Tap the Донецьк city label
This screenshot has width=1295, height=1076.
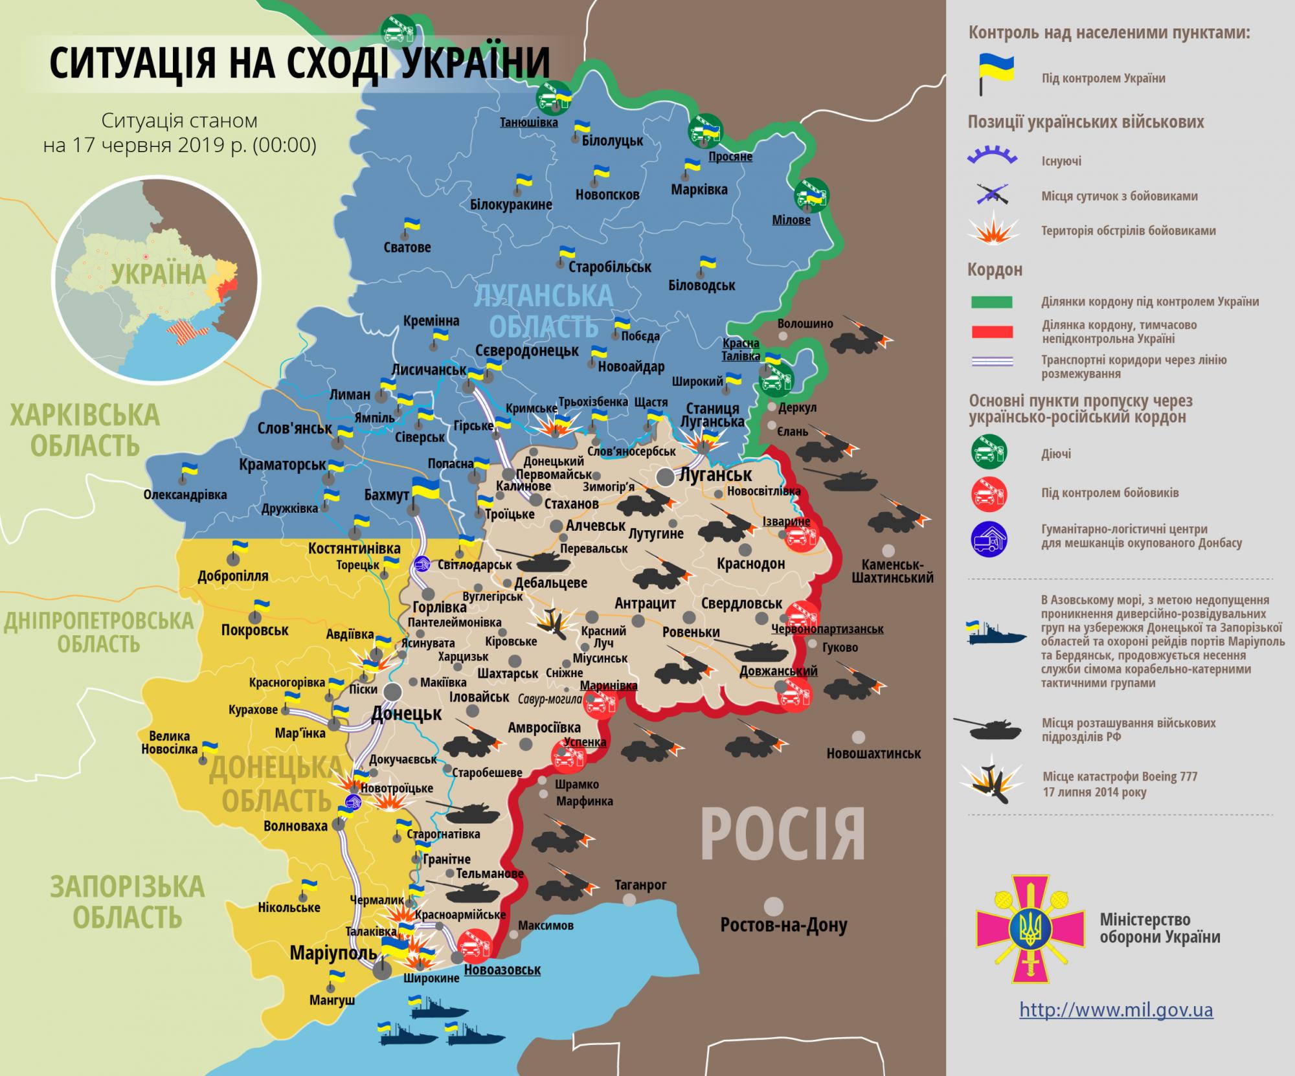tap(406, 714)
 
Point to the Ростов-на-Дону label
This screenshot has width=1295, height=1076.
tap(783, 925)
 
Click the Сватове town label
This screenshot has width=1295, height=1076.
tap(407, 247)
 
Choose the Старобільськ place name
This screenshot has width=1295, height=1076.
tap(609, 267)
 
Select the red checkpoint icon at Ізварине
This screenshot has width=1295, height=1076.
tap(801, 535)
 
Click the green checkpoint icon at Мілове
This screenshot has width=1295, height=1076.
tap(811, 194)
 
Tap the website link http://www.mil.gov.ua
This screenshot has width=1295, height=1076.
tap(1116, 1009)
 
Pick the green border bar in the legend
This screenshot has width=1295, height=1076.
tap(991, 302)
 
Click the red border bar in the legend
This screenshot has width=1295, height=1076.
tap(991, 332)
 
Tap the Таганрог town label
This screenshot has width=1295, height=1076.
tap(640, 884)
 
